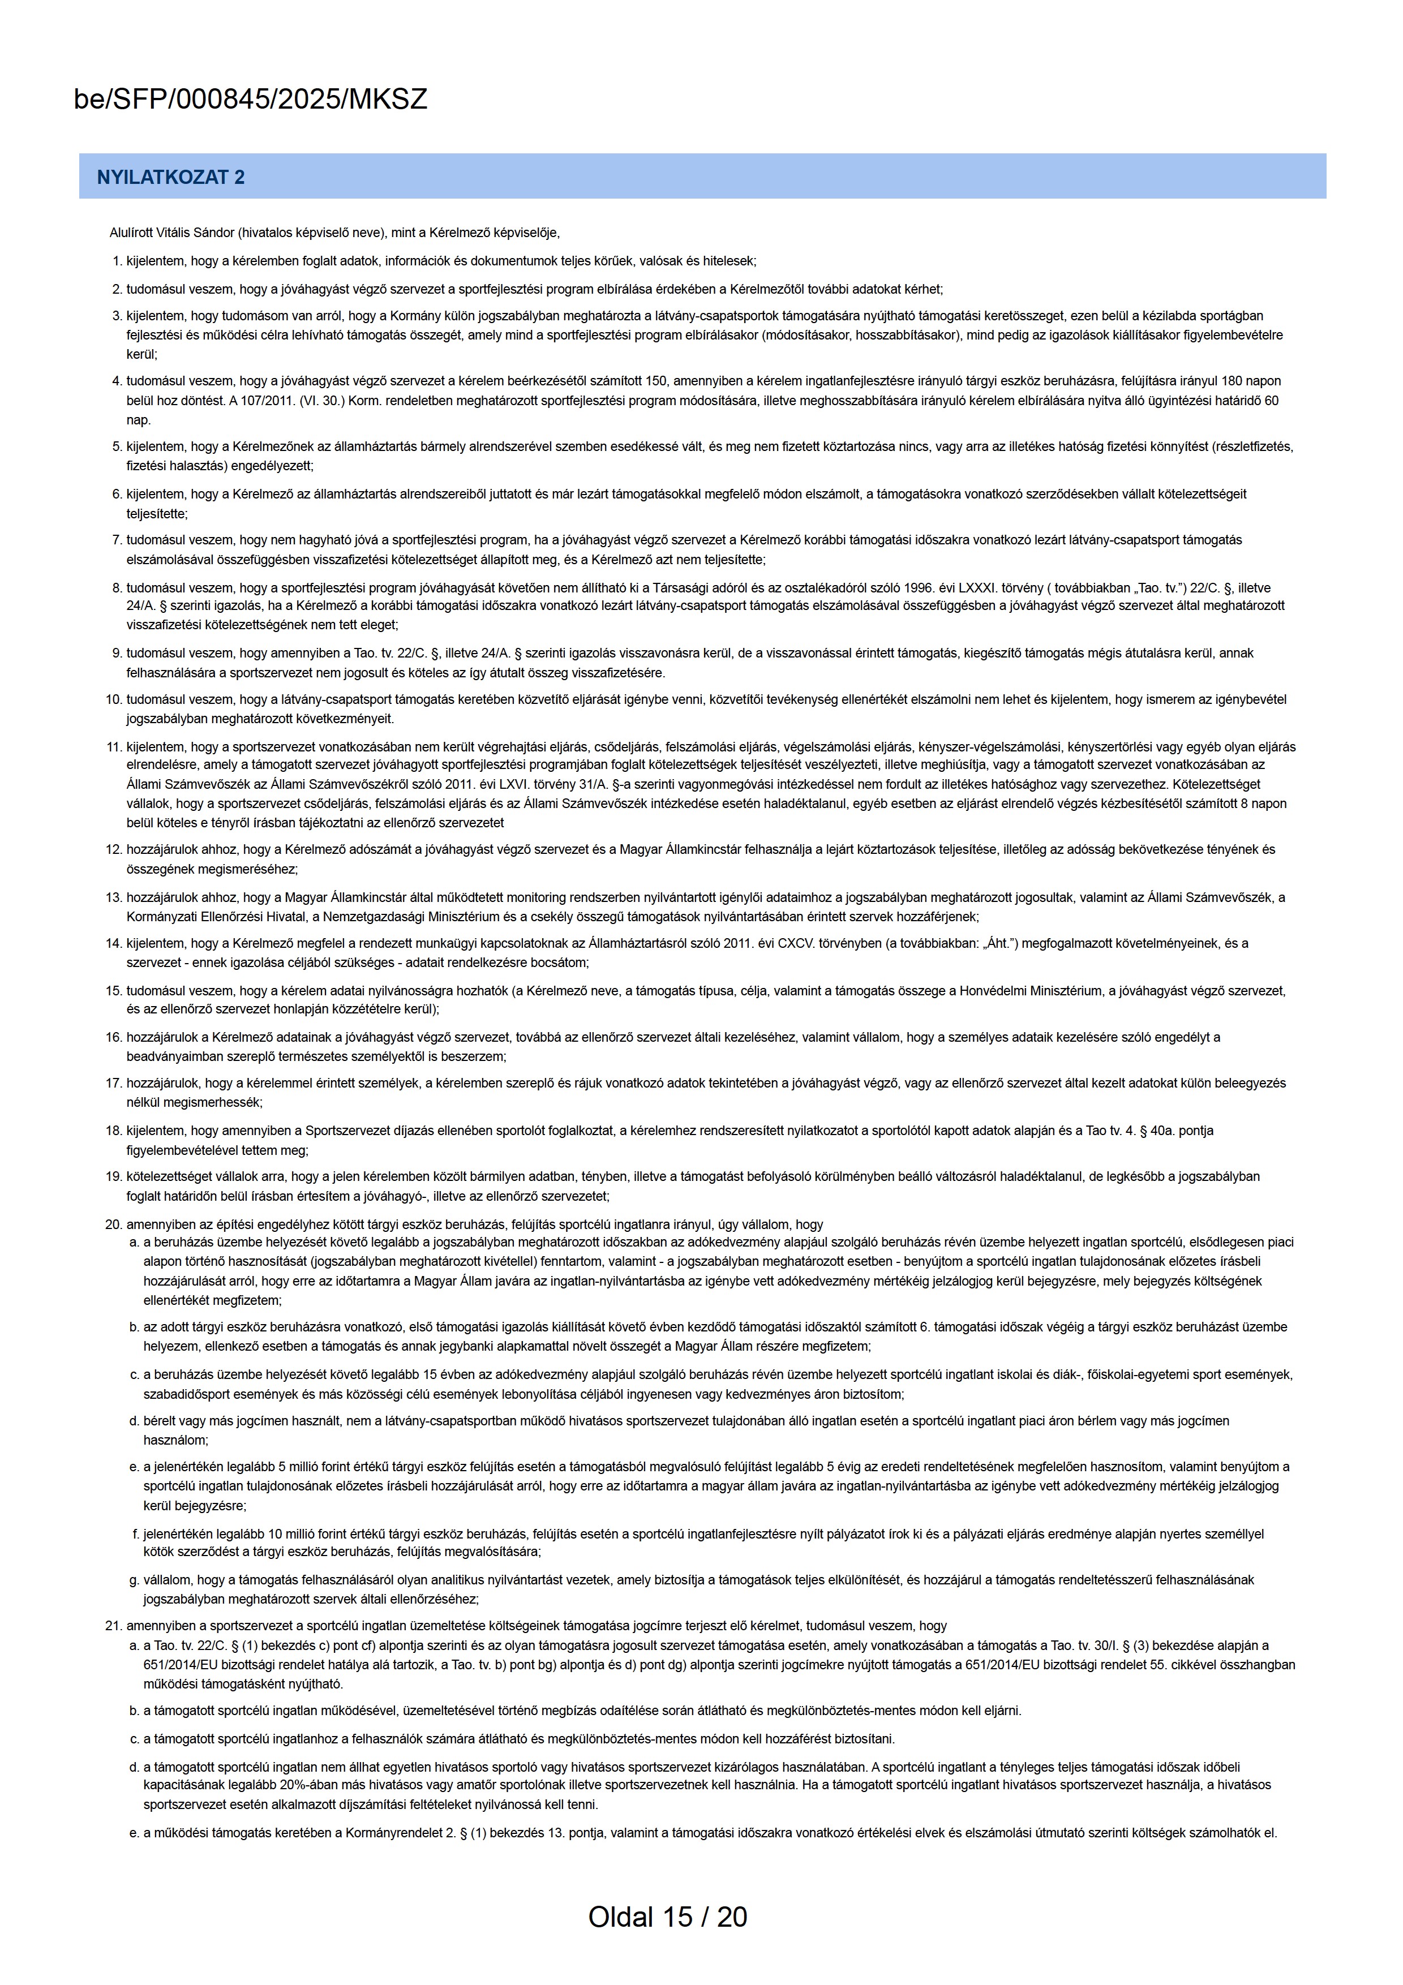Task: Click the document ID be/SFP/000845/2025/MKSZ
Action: tap(251, 100)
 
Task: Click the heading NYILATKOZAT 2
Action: tap(170, 177)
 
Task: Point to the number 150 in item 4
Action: tap(659, 381)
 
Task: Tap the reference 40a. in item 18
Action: tap(1152, 1131)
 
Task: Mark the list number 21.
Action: tap(113, 1626)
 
